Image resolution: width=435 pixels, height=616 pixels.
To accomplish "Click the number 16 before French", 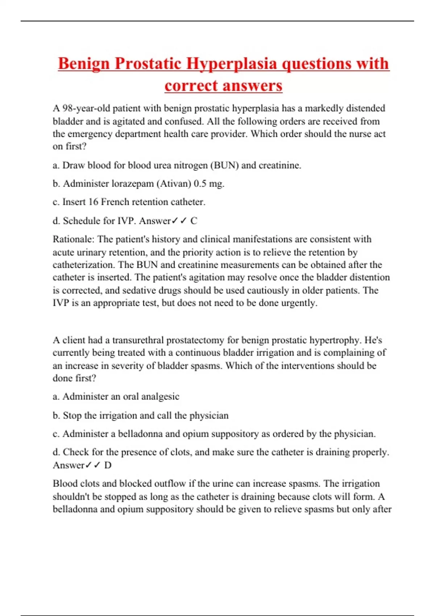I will [x=93, y=202].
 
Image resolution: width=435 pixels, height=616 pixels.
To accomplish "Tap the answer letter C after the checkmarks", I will [x=194, y=221].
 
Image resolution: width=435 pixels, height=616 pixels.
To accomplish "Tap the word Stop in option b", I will [x=72, y=415].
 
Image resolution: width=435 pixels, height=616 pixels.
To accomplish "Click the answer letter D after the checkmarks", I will [x=108, y=465].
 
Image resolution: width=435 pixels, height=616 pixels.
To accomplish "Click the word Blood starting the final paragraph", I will [x=65, y=484].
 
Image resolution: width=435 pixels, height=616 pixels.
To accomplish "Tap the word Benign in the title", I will [x=84, y=64].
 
